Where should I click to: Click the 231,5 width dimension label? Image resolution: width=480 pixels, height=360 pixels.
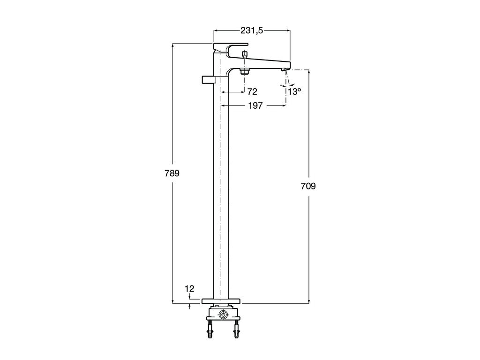coord(252,30)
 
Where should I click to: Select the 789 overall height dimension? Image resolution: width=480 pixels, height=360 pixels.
coord(172,173)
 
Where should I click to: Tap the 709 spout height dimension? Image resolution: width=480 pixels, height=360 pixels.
coord(308,186)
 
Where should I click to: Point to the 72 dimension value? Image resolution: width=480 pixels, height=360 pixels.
coord(252,91)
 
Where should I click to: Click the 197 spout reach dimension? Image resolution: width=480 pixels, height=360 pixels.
coord(255,105)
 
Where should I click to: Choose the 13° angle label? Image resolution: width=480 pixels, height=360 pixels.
coord(294,91)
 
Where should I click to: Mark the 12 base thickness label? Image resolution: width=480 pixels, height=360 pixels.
coord(189,289)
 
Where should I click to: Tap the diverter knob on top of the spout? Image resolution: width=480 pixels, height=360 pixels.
coord(245,55)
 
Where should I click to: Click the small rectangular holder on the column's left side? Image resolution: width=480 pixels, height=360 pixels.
coord(209,80)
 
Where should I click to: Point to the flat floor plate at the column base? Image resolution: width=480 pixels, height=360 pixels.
coord(221,301)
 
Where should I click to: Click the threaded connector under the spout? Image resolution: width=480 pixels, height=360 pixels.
coord(245,72)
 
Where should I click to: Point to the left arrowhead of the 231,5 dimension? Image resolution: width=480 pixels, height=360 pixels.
coord(216,30)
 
